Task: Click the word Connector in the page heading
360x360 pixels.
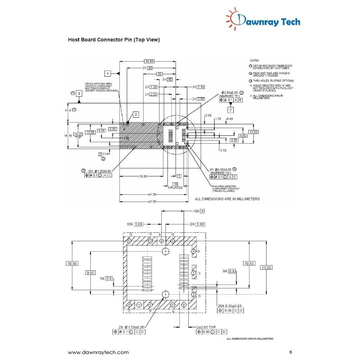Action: point(109,40)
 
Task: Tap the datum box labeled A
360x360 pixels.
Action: point(107,73)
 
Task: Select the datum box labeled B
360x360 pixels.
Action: point(79,94)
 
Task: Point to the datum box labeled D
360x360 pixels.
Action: point(136,114)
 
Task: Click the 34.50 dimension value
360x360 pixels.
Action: point(149,61)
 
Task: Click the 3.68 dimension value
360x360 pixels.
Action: point(208,116)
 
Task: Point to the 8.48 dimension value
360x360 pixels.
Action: point(229,118)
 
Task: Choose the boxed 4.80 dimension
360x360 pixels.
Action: point(234,140)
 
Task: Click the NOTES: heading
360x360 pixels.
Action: point(255,60)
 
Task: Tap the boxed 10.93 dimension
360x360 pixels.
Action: point(72,264)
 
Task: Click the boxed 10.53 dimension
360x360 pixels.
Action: point(249,264)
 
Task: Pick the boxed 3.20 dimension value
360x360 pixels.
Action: point(139,224)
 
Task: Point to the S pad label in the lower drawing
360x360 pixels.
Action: point(160,234)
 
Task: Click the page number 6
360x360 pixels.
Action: point(290,352)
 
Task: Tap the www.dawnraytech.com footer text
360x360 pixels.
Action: point(98,352)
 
